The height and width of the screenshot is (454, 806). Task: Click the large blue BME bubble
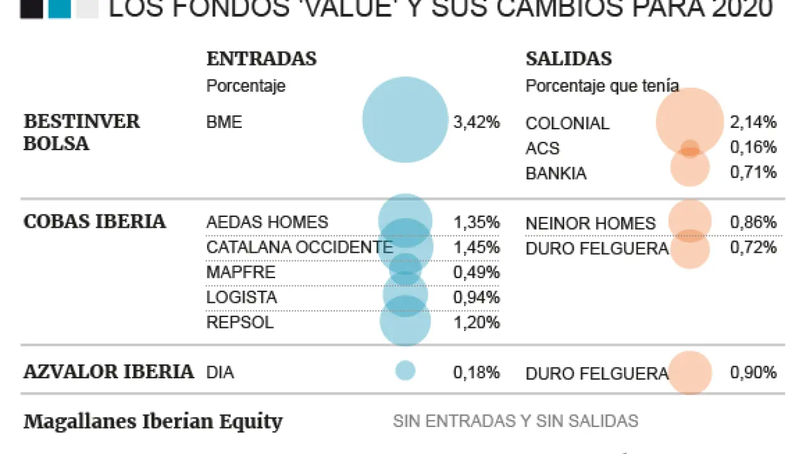pyautogui.click(x=405, y=119)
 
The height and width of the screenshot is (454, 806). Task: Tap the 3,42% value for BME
pyautogui.click(x=476, y=122)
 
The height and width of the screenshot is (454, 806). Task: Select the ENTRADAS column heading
pyautogui.click(x=261, y=59)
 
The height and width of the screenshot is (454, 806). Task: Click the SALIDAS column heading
pyautogui.click(x=569, y=59)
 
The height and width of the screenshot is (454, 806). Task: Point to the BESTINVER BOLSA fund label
pyautogui.click(x=81, y=132)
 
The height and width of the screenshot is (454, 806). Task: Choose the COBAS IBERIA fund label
pyautogui.click(x=94, y=222)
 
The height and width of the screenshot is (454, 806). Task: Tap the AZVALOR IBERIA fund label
pyautogui.click(x=108, y=372)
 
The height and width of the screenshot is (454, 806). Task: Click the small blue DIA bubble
pyautogui.click(x=405, y=370)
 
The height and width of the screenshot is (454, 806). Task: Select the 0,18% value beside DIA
pyautogui.click(x=476, y=373)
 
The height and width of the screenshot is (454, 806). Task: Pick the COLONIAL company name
pyautogui.click(x=567, y=124)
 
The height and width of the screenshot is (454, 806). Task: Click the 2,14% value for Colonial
pyautogui.click(x=753, y=122)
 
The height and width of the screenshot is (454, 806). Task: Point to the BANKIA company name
pyautogui.click(x=556, y=173)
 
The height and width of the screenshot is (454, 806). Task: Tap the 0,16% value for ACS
pyautogui.click(x=753, y=148)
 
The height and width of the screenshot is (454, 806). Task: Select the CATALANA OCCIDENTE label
pyautogui.click(x=299, y=247)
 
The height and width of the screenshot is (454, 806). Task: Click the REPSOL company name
pyautogui.click(x=240, y=322)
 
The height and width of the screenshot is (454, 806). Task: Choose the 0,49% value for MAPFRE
pyautogui.click(x=476, y=272)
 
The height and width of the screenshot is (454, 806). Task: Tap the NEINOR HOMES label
pyautogui.click(x=590, y=223)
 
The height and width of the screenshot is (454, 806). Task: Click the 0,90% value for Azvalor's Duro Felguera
pyautogui.click(x=753, y=373)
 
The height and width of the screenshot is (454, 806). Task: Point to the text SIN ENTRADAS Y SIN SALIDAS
pyautogui.click(x=515, y=421)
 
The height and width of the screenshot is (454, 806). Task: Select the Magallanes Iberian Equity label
pyautogui.click(x=153, y=421)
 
